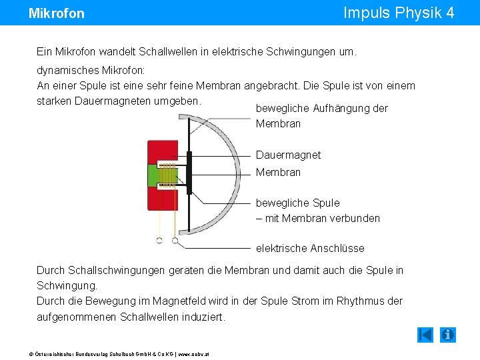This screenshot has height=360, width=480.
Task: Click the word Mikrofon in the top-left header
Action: coord(57,13)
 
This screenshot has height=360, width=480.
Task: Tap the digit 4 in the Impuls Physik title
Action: coord(450,13)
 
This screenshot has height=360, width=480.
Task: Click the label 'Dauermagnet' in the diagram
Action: coord(288,155)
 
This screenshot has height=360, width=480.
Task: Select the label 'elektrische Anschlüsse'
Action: coord(310,249)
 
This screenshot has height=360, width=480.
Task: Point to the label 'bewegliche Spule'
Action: coord(297,203)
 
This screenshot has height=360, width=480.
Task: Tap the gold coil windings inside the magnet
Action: coord(169,175)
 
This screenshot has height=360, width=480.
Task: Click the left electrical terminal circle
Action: coord(159,240)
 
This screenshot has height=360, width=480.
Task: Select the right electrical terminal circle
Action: coord(175,240)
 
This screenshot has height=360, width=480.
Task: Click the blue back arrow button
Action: coord(425,335)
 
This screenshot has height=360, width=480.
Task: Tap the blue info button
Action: coord(448,335)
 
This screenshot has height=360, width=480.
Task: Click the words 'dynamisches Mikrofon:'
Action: coord(91,69)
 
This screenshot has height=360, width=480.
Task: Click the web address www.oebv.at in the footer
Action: coord(194,353)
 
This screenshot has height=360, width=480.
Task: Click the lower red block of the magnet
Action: coord(161,199)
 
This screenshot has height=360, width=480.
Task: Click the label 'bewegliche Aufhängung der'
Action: coord(321,109)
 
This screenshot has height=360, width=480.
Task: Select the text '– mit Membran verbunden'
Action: coord(317,218)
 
